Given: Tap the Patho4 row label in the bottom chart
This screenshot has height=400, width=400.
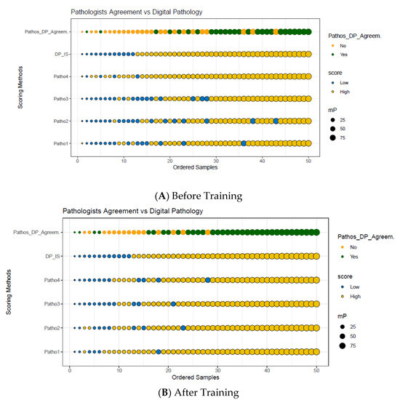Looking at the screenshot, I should (52, 280).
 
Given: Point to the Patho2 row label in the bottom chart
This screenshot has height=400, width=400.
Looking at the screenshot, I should (52, 328).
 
